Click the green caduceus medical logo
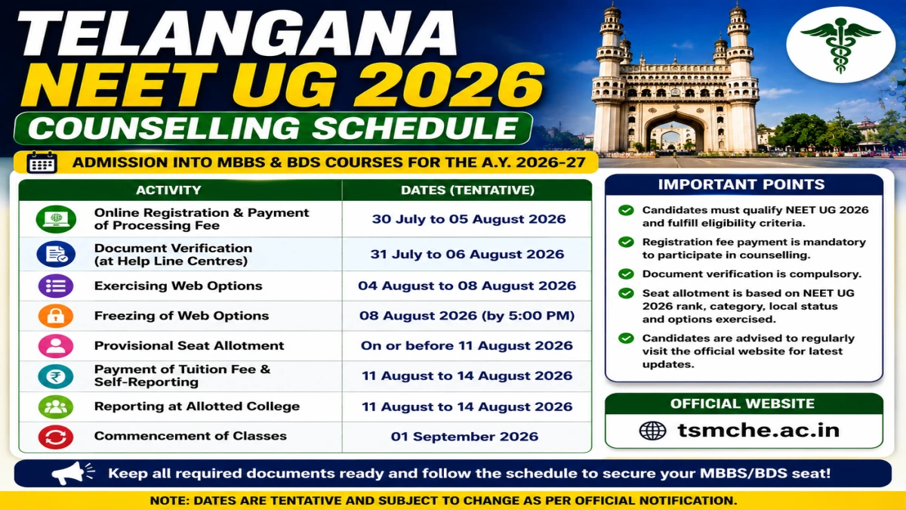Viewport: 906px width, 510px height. click(x=840, y=45)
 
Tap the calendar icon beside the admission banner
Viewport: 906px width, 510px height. click(x=42, y=162)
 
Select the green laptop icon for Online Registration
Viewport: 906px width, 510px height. click(x=56, y=219)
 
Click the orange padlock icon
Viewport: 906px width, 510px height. click(x=56, y=316)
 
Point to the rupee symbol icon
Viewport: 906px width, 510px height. click(x=56, y=376)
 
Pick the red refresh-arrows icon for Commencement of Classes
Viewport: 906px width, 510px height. click(x=56, y=437)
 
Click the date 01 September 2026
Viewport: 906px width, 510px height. click(x=464, y=437)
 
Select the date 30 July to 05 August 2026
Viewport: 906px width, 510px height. click(x=469, y=219)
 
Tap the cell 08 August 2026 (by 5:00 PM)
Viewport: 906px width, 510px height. click(x=467, y=316)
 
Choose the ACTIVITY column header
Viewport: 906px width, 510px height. click(x=168, y=190)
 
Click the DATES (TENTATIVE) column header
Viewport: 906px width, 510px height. click(x=467, y=190)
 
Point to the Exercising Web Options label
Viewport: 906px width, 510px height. click(x=178, y=286)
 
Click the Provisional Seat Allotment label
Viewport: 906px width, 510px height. click(x=189, y=346)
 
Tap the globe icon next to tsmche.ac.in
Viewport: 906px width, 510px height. click(x=652, y=430)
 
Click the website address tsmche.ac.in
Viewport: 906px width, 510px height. click(x=758, y=430)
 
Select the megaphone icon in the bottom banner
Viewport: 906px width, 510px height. click(x=72, y=473)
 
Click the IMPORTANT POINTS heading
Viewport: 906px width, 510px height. click(x=741, y=184)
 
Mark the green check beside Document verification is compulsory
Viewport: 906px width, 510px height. click(x=626, y=274)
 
